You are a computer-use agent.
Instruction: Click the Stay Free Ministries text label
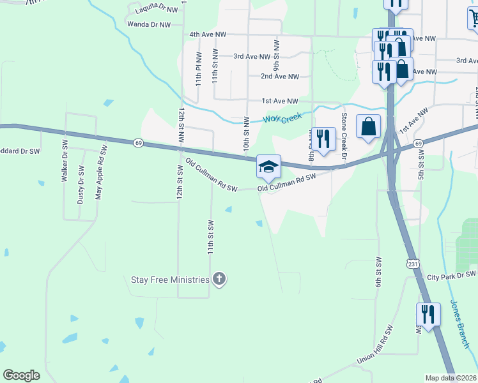(x=169, y=280)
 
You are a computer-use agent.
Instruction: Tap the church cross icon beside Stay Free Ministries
(x=219, y=279)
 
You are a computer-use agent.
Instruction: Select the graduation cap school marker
(x=268, y=167)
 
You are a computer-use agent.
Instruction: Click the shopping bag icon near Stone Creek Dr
(x=369, y=126)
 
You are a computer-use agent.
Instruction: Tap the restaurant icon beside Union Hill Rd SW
(x=428, y=315)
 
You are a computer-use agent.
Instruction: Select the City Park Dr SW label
(x=451, y=275)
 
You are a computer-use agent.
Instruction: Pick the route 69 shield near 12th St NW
(x=139, y=144)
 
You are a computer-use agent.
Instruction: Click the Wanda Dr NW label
(x=149, y=25)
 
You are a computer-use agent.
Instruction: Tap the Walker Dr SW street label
(x=65, y=163)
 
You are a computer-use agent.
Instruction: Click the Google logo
(x=22, y=375)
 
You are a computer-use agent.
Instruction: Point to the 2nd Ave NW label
(x=279, y=77)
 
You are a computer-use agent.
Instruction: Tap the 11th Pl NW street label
(x=199, y=69)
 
